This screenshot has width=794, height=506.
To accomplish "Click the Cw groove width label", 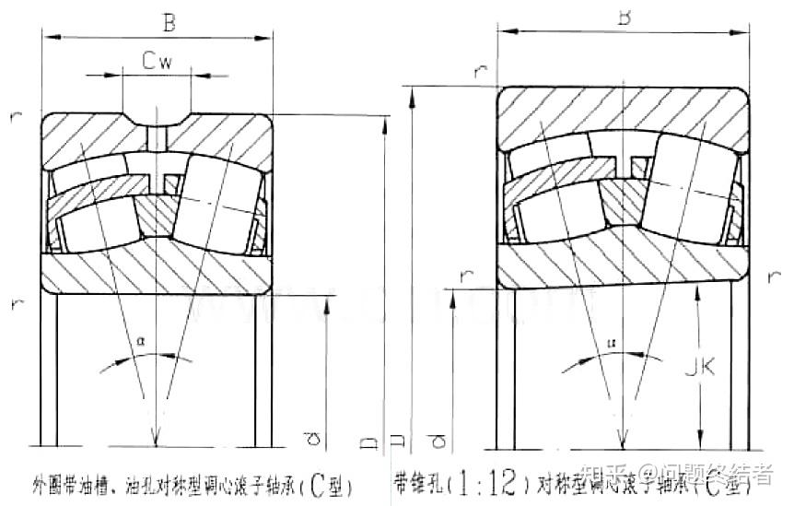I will pyautogui.click(x=158, y=62).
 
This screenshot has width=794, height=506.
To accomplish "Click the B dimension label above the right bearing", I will pyautogui.click(x=623, y=16).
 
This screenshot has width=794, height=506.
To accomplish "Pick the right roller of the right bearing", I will pyautogui.click(x=686, y=191).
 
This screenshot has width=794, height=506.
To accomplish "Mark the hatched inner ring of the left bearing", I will pyautogui.click(x=157, y=267).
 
